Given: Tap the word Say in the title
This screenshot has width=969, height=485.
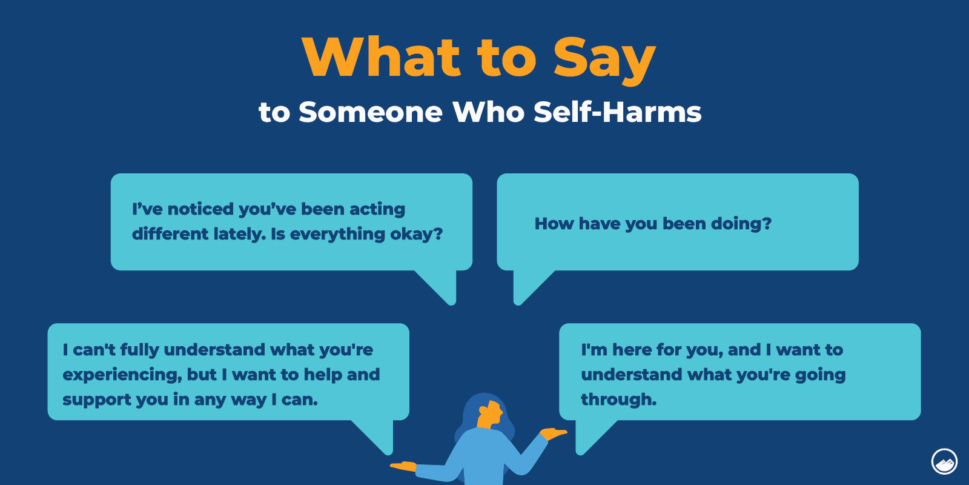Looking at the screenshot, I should point(604,59).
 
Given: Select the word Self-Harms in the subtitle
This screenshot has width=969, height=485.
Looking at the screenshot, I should point(617,112).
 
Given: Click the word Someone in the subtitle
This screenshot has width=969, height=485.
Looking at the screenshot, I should point(370,112).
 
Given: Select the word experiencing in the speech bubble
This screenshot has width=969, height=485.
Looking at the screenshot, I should point(122,375).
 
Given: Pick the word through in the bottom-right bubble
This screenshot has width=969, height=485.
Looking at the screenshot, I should point(618,400).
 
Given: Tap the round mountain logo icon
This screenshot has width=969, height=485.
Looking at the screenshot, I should point(944,461).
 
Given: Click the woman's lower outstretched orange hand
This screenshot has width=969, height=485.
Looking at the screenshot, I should point(404,467).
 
